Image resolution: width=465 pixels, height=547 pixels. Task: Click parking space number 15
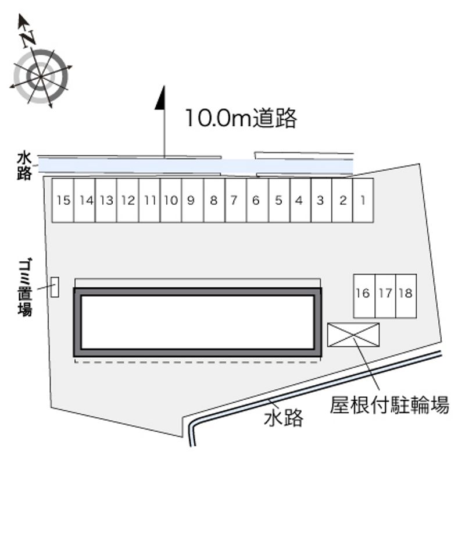63,200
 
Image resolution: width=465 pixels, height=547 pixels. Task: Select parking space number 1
363,200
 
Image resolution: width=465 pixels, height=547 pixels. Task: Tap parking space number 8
214,200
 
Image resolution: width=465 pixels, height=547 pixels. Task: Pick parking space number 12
128,200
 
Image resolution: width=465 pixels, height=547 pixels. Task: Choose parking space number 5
279,200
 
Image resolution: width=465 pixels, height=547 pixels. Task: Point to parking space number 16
364,296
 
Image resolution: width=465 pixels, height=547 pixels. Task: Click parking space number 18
406,296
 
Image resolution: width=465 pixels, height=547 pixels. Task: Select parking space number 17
385,296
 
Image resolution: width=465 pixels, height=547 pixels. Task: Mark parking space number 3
321,200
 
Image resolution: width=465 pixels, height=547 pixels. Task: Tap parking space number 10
171,200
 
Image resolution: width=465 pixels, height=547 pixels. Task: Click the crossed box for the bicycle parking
353,335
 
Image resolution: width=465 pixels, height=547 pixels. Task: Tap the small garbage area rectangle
55,287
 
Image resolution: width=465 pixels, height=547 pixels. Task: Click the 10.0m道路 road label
241,118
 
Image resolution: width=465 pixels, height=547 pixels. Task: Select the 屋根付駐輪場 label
389,405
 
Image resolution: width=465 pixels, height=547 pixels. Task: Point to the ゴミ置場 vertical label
25,287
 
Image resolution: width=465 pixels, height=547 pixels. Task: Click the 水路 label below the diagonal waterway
284,418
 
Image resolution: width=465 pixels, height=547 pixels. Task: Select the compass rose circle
41,76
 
